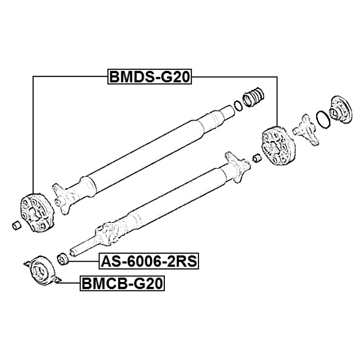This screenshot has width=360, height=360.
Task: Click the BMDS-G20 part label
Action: pyautogui.click(x=150, y=77)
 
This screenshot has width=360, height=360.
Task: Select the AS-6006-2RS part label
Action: pyautogui.click(x=149, y=261)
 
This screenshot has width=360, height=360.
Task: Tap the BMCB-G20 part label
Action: pyautogui.click(x=122, y=283)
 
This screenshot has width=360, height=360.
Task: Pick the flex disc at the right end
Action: pyautogui.click(x=278, y=146)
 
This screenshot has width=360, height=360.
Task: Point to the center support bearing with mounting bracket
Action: pyautogui.click(x=43, y=271)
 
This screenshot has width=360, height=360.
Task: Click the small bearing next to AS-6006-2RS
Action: pyautogui.click(x=62, y=259)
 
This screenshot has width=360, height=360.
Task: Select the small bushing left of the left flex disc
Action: pyautogui.click(x=16, y=226)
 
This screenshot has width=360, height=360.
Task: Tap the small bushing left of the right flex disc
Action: pyautogui.click(x=256, y=159)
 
